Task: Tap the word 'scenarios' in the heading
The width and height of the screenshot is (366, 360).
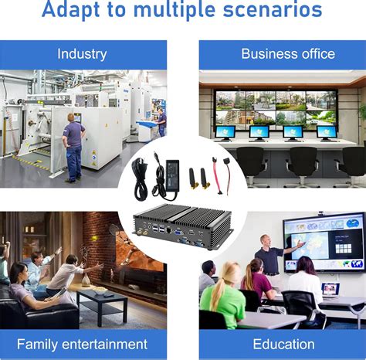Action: [x=266, y=10]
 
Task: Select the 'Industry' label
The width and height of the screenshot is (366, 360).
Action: [x=83, y=54]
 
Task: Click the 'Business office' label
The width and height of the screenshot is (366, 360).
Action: [x=287, y=54]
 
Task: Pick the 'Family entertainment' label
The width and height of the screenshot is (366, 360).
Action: [x=82, y=344]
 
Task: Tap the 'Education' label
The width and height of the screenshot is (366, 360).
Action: [x=283, y=344]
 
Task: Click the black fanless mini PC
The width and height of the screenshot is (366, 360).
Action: [x=182, y=226]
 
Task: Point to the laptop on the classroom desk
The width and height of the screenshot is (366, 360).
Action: [x=330, y=289]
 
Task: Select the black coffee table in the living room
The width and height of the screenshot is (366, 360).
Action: [x=103, y=301]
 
